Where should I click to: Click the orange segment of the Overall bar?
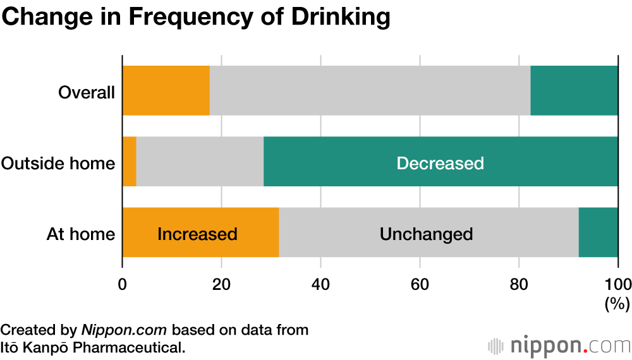[166, 90]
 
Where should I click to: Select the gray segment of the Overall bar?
[370, 90]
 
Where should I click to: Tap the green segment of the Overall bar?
[574, 90]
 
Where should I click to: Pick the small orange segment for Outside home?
[129, 162]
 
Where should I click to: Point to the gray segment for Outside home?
[200, 162]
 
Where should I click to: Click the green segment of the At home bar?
[598, 232]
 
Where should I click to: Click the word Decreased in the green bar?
[440, 163]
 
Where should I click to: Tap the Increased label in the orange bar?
[197, 234]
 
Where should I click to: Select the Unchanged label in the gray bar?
[426, 234]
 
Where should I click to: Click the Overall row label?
[87, 93]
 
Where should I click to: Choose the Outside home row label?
[58, 164]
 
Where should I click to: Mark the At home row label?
[81, 234]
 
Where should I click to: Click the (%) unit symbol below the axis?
[617, 304]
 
